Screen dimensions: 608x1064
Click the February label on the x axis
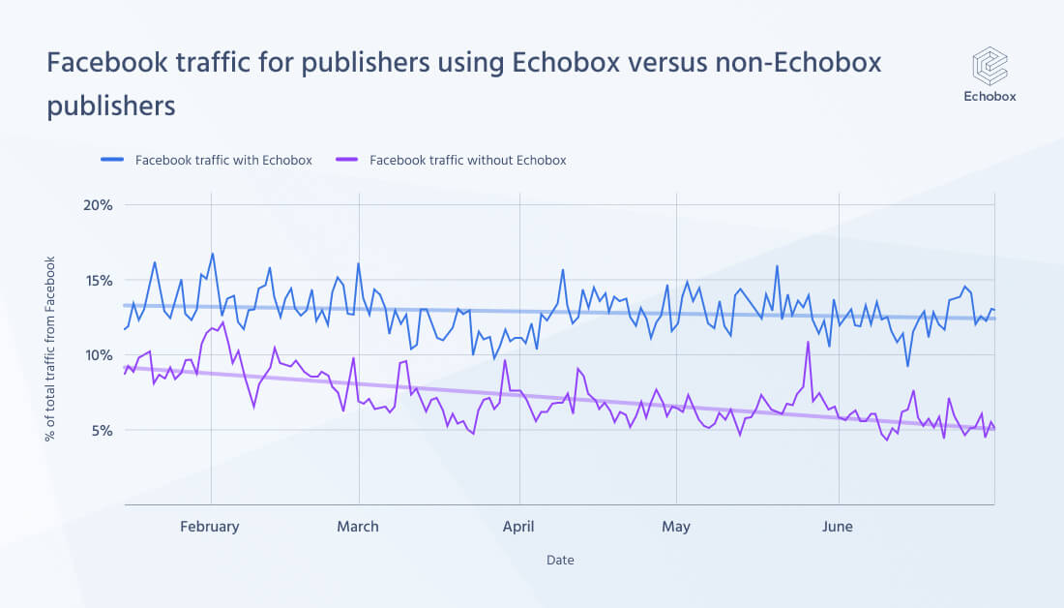pyautogui.click(x=209, y=527)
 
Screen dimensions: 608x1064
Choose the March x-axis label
pyautogui.click(x=358, y=527)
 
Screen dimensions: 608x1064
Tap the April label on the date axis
pyautogui.click(x=519, y=527)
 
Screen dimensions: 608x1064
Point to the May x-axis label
pyautogui.click(x=676, y=527)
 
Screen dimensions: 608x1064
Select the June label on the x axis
pyautogui.click(x=837, y=527)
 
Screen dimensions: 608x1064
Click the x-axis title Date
pyautogui.click(x=560, y=560)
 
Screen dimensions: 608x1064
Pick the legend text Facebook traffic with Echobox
pyautogui.click(x=223, y=160)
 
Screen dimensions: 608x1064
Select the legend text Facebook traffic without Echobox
pyautogui.click(x=467, y=160)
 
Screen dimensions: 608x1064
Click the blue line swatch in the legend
pyautogui.click(x=112, y=160)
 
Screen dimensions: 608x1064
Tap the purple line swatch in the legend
pyautogui.click(x=346, y=160)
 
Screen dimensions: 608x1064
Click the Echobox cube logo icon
pyautogui.click(x=990, y=66)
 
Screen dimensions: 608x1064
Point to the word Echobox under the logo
pyautogui.click(x=990, y=96)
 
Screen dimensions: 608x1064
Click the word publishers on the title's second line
pyautogui.click(x=111, y=106)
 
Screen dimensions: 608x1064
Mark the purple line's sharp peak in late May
pyautogui.click(x=808, y=342)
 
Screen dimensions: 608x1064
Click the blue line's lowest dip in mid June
pyautogui.click(x=907, y=365)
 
